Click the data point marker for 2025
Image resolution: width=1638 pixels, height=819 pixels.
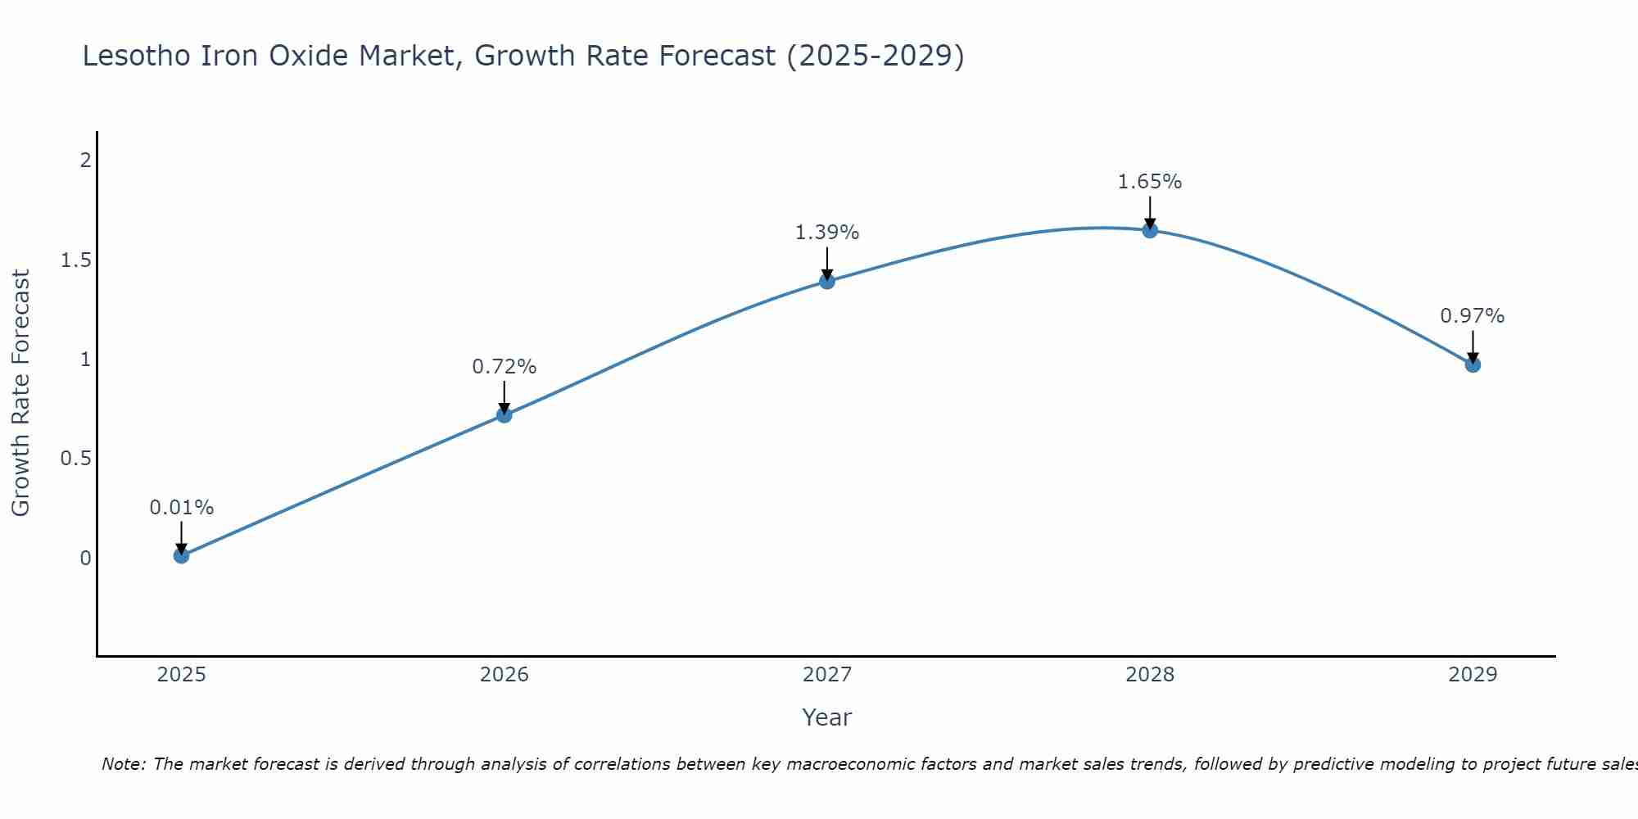[x=181, y=556]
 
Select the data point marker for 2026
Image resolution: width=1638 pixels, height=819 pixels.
[x=504, y=415]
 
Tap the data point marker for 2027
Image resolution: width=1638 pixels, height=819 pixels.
[x=827, y=282]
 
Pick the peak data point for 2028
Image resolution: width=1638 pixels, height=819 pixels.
[x=1150, y=230]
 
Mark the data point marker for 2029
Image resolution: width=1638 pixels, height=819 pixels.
[x=1473, y=364]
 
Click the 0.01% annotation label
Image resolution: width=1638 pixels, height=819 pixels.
[x=181, y=508]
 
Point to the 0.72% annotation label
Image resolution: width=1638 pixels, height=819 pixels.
[x=504, y=367]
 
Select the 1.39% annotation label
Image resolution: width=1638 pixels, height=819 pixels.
[x=827, y=233]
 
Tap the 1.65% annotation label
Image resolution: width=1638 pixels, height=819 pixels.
[x=1150, y=182]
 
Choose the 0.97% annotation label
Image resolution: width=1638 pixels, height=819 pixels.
[x=1472, y=316]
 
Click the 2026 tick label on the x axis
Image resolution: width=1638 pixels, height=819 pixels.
[x=504, y=675]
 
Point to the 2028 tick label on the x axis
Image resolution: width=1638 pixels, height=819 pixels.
[x=1150, y=675]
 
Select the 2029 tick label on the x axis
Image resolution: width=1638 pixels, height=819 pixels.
[x=1473, y=675]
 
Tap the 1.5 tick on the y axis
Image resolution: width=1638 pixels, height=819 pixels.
[x=75, y=260]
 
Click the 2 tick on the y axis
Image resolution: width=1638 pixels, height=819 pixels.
[x=85, y=161]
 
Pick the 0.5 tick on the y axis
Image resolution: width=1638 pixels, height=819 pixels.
[x=75, y=459]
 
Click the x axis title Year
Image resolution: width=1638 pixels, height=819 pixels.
[x=826, y=717]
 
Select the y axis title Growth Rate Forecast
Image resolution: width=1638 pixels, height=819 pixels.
[x=20, y=392]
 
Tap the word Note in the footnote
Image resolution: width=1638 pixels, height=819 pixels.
[x=123, y=764]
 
